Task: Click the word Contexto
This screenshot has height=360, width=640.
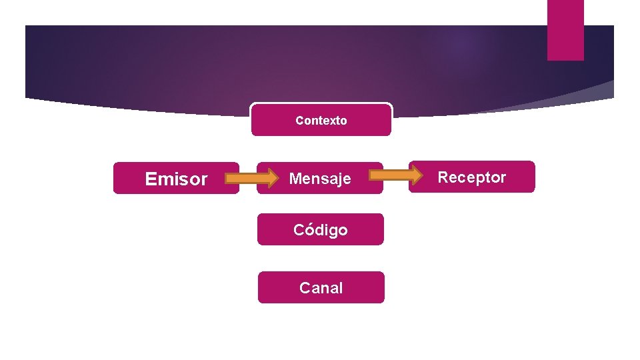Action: [x=321, y=121]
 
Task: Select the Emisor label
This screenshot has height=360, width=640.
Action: [x=176, y=179]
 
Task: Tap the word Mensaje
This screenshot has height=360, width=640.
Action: [x=320, y=179]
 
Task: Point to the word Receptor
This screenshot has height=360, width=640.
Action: [x=472, y=177]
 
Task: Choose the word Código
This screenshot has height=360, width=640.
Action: [x=321, y=230]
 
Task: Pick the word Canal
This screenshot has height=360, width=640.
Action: [x=321, y=288]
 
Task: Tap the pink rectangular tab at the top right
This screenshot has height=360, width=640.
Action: [x=565, y=30]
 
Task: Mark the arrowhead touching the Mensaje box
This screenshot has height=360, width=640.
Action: [x=270, y=178]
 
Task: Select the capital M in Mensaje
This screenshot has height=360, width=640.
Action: [x=294, y=179]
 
